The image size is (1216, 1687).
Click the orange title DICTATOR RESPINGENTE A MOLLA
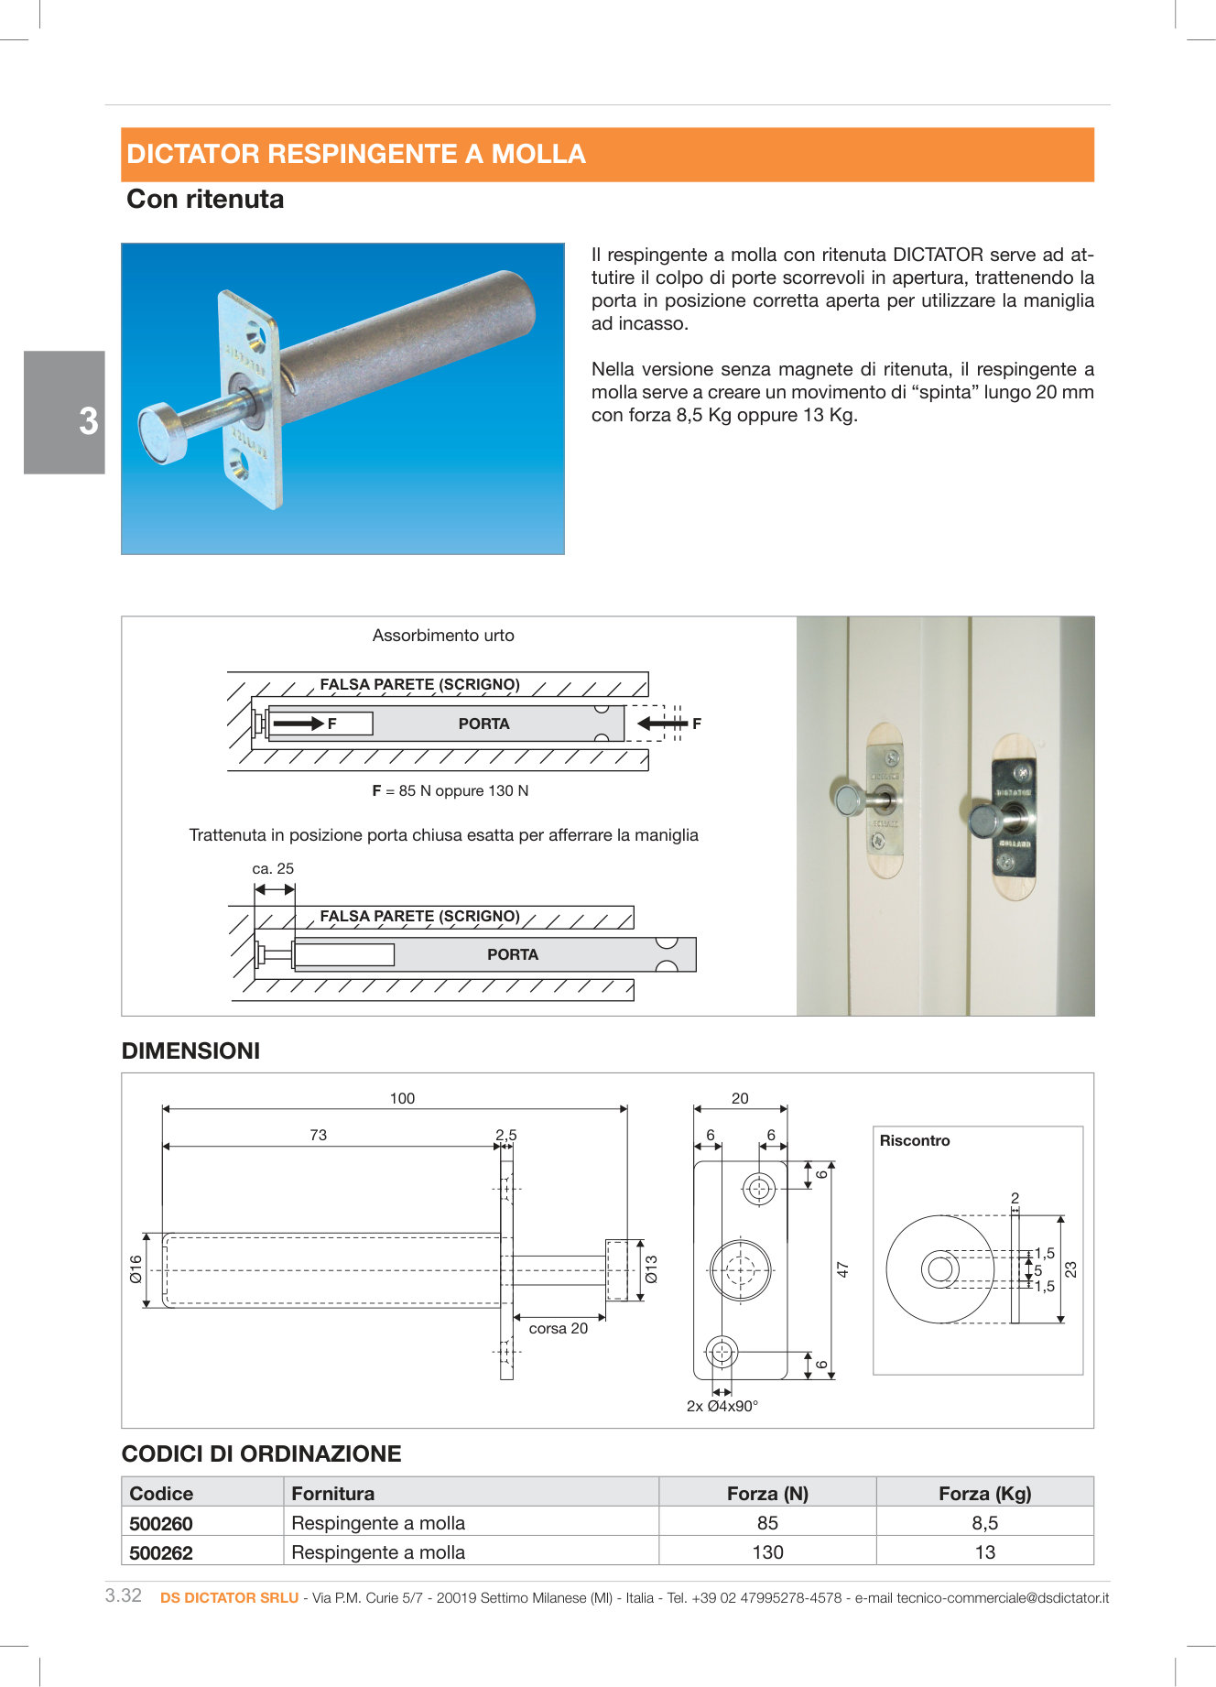(356, 154)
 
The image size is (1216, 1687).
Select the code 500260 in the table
(161, 1523)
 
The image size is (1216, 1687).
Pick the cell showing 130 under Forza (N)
(767, 1552)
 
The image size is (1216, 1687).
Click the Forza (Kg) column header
(984, 1494)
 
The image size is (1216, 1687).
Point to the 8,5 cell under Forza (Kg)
(984, 1523)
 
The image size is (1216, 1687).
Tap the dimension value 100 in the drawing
(402, 1098)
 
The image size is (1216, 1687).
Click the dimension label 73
(318, 1135)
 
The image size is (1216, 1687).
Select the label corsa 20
(558, 1329)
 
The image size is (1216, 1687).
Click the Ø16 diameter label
(136, 1269)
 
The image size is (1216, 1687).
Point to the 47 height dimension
(843, 1269)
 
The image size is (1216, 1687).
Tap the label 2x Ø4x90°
(722, 1407)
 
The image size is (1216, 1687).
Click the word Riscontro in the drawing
(915, 1141)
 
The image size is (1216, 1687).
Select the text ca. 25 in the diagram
(273, 869)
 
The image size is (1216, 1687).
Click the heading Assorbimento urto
(443, 636)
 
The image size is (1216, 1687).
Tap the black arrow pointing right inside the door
(298, 724)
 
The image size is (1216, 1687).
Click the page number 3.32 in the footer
(124, 1595)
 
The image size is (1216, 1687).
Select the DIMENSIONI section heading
(190, 1051)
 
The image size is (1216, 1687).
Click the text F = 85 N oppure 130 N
(451, 791)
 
